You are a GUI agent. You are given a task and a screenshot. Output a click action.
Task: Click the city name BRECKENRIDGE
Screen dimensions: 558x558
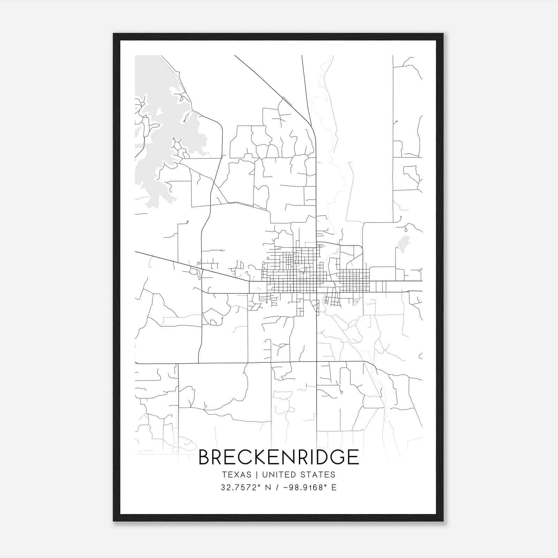[x=279, y=457]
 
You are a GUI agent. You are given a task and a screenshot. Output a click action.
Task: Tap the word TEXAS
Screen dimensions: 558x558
[x=236, y=475]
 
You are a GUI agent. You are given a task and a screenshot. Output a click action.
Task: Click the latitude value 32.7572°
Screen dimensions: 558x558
[x=241, y=488]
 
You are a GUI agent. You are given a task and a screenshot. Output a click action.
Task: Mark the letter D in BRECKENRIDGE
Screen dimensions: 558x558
[x=318, y=457]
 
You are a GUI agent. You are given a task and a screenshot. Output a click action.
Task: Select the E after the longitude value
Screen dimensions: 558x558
[x=334, y=488]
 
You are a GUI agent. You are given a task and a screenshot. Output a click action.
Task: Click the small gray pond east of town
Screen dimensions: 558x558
[x=404, y=242]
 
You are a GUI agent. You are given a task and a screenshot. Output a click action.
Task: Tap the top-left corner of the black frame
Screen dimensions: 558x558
[x=114, y=34]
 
